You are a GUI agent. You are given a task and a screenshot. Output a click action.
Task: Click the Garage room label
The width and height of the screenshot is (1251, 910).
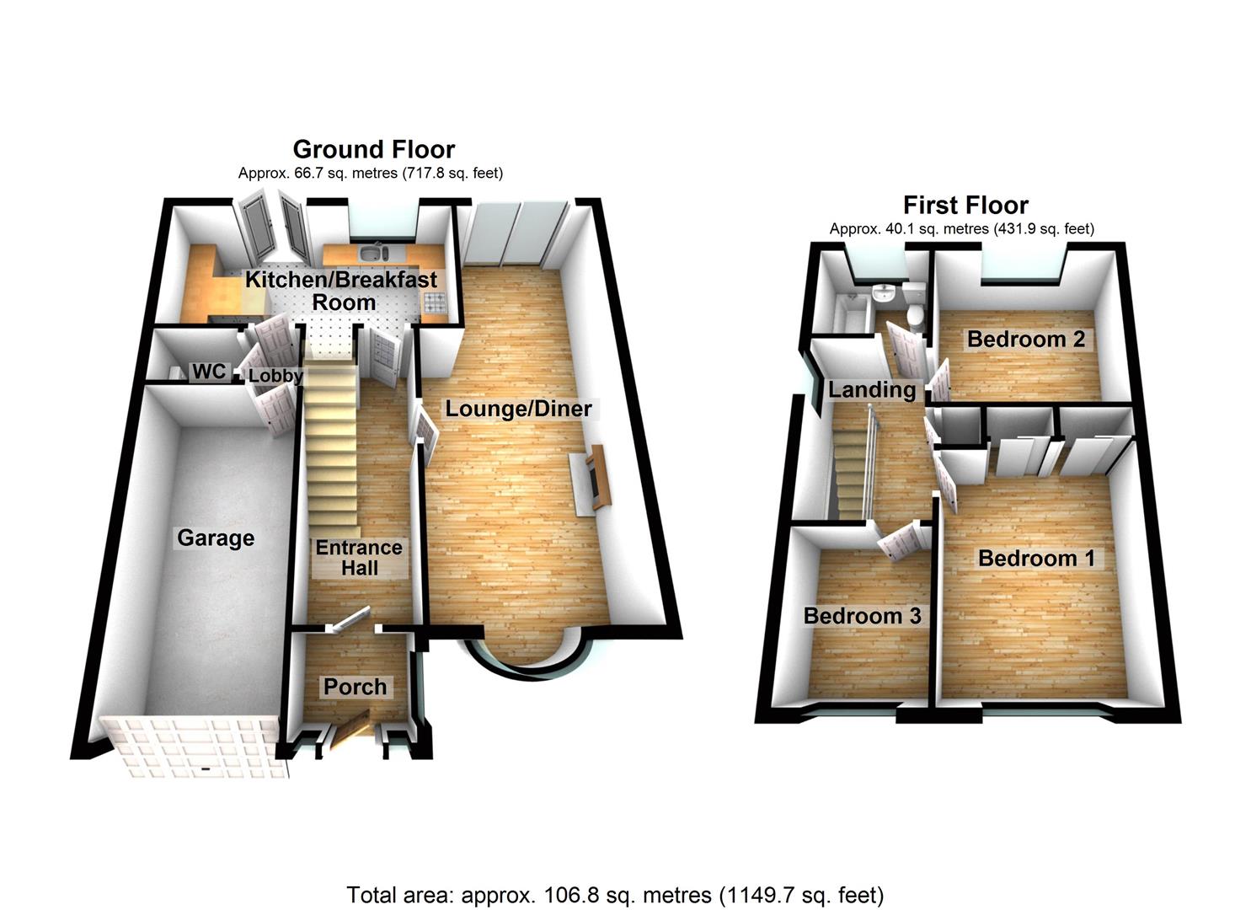(x=216, y=538)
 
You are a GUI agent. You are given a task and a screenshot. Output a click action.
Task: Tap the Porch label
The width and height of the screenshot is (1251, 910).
(x=356, y=687)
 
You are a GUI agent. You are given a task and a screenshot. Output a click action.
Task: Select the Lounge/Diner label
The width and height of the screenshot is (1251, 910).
(x=518, y=409)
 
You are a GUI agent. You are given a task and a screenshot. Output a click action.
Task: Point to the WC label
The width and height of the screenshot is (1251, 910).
(x=210, y=371)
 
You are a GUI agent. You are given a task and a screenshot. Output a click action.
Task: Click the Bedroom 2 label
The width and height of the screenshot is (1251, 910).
(x=1026, y=339)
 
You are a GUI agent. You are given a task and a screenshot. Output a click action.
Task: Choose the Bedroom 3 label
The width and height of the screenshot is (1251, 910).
(x=863, y=616)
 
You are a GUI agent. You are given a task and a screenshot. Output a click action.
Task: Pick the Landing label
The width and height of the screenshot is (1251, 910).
(x=872, y=390)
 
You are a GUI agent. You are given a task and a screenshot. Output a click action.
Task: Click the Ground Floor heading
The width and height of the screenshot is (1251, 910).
(x=374, y=150)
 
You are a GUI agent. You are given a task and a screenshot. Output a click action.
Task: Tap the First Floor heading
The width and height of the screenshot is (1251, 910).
(x=965, y=205)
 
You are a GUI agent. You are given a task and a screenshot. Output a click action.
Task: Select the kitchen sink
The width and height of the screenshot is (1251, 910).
(x=374, y=253)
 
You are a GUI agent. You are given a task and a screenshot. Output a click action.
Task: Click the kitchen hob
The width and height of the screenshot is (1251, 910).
(x=436, y=303)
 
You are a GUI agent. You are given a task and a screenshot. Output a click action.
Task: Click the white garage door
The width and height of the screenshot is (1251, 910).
(x=193, y=747)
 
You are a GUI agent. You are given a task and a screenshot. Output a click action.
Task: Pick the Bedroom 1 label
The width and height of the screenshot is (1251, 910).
(x=1036, y=559)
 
